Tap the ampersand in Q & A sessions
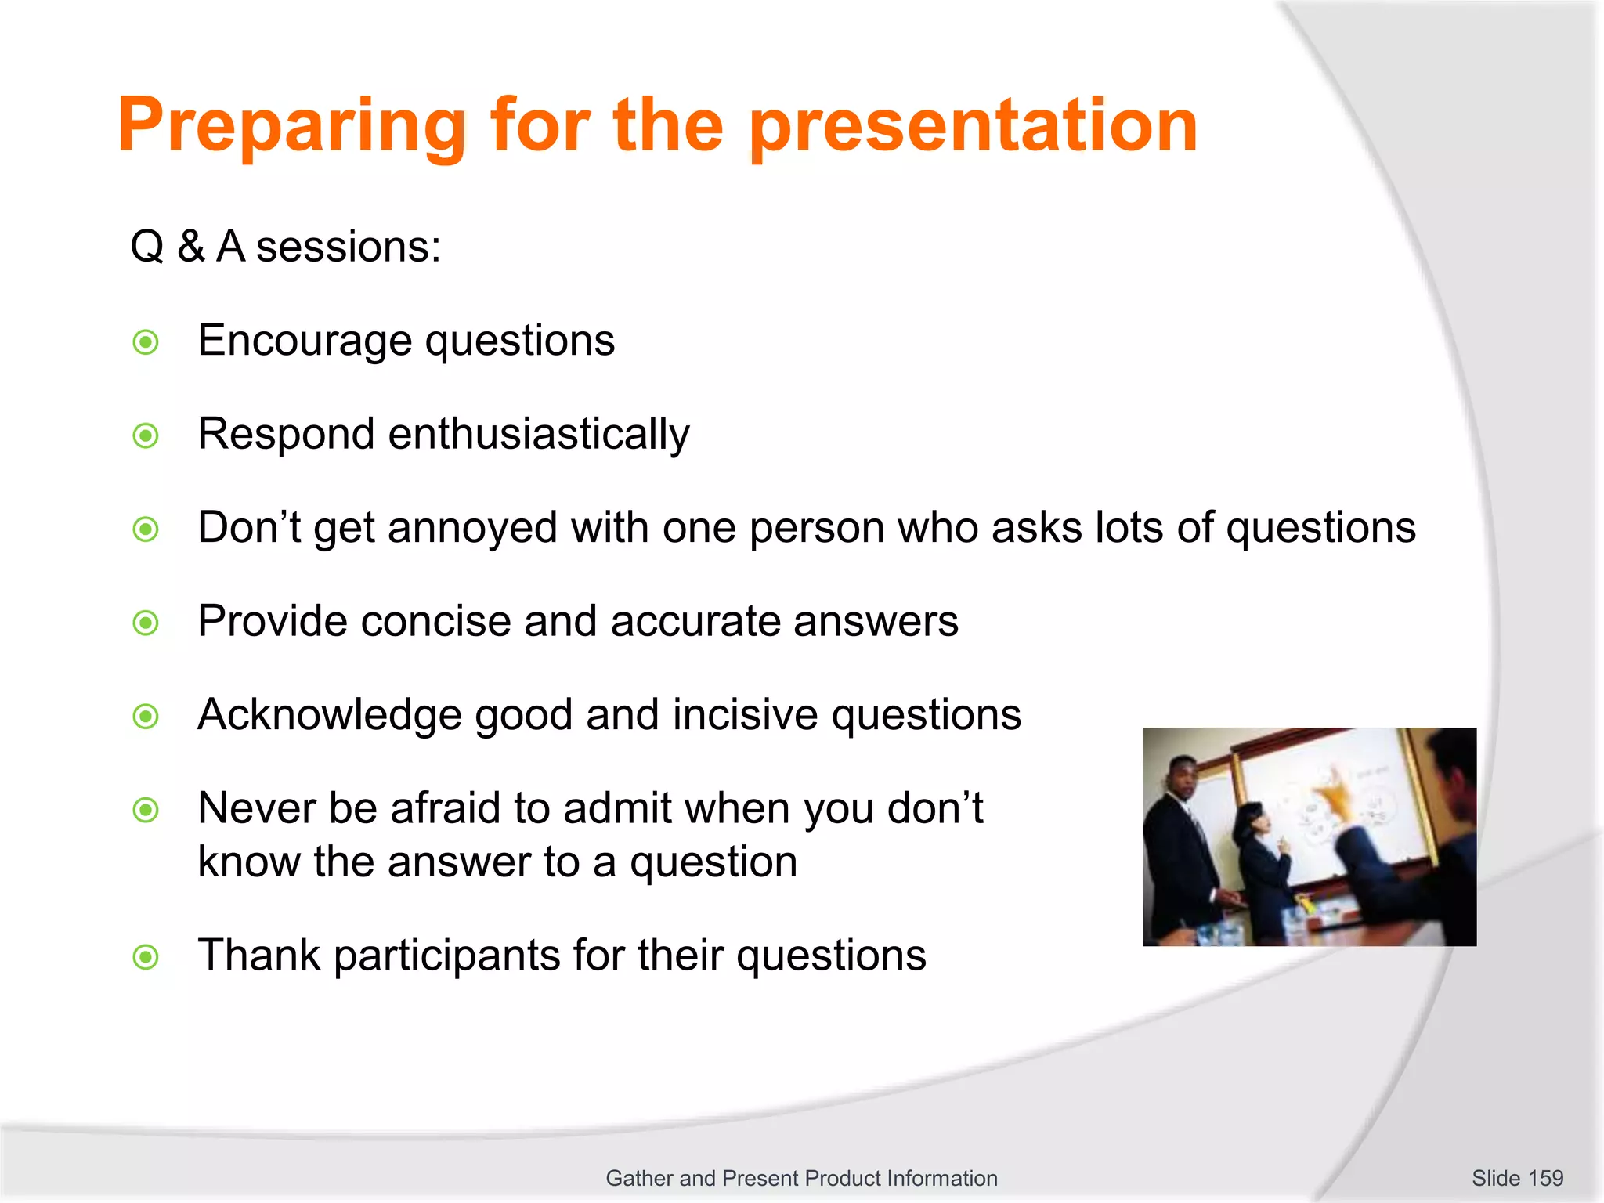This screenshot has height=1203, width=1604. [190, 247]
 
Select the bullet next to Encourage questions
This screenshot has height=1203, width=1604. [146, 342]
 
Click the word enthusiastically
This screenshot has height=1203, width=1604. [539, 435]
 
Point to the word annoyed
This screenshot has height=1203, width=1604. [471, 528]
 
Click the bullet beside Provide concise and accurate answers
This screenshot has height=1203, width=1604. [146, 623]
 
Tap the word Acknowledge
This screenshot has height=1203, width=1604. [329, 715]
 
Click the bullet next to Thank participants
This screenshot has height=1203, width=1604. [146, 957]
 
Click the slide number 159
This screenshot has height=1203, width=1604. [1545, 1178]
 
